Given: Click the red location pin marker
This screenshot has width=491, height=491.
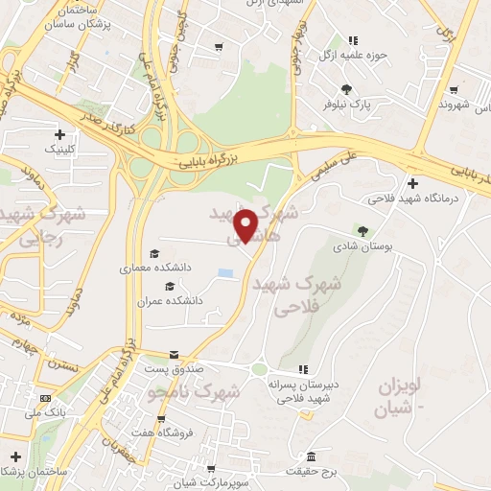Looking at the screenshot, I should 246,225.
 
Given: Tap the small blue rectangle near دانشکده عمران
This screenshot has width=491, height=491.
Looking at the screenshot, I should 225,274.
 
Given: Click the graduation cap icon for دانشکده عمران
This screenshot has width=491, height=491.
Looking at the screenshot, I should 170,286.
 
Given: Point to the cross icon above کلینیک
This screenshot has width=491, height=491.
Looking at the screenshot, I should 61,134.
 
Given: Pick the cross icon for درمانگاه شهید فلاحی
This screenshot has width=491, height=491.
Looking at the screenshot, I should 412,183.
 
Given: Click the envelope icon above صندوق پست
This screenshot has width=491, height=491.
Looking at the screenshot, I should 174,354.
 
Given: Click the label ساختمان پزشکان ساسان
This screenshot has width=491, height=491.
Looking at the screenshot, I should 71,17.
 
